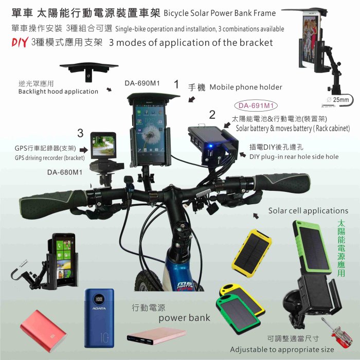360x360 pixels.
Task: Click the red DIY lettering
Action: [20, 42]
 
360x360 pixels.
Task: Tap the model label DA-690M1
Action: [142, 83]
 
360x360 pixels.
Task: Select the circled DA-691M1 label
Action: [256, 105]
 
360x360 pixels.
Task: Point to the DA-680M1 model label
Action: [65, 172]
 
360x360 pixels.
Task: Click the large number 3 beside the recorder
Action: [80, 133]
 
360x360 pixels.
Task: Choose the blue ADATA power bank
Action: [99, 318]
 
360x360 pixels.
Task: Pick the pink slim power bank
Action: [156, 336]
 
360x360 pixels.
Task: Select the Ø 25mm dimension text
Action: [337, 100]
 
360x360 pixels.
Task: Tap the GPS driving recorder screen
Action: [103, 146]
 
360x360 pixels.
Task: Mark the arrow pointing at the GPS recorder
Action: [83, 150]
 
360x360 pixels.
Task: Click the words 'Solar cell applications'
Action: [308, 211]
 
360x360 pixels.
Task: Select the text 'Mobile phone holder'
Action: [246, 87]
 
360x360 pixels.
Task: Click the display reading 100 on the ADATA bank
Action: [99, 299]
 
